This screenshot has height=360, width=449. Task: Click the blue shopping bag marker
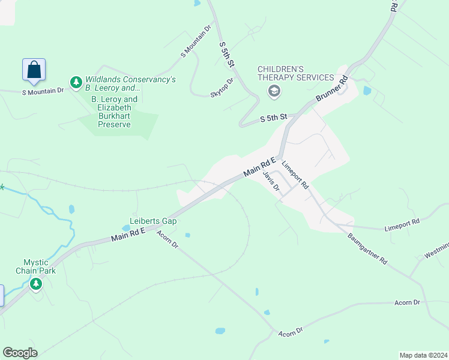click(34, 70)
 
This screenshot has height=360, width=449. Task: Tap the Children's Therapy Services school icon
click(274, 91)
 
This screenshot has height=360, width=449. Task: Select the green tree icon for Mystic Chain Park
click(36, 283)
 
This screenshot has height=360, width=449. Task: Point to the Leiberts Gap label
click(154, 221)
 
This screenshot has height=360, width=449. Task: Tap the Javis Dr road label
click(271, 181)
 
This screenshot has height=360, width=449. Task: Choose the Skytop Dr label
click(221, 88)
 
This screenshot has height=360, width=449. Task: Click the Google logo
click(20, 353)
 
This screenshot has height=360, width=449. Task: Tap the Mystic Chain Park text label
click(40, 266)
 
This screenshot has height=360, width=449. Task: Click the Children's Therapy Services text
click(295, 73)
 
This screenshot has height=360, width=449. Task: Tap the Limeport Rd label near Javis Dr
click(295, 175)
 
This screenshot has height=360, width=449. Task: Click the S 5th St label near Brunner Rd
click(274, 119)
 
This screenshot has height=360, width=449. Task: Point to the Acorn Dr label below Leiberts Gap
click(167, 241)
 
